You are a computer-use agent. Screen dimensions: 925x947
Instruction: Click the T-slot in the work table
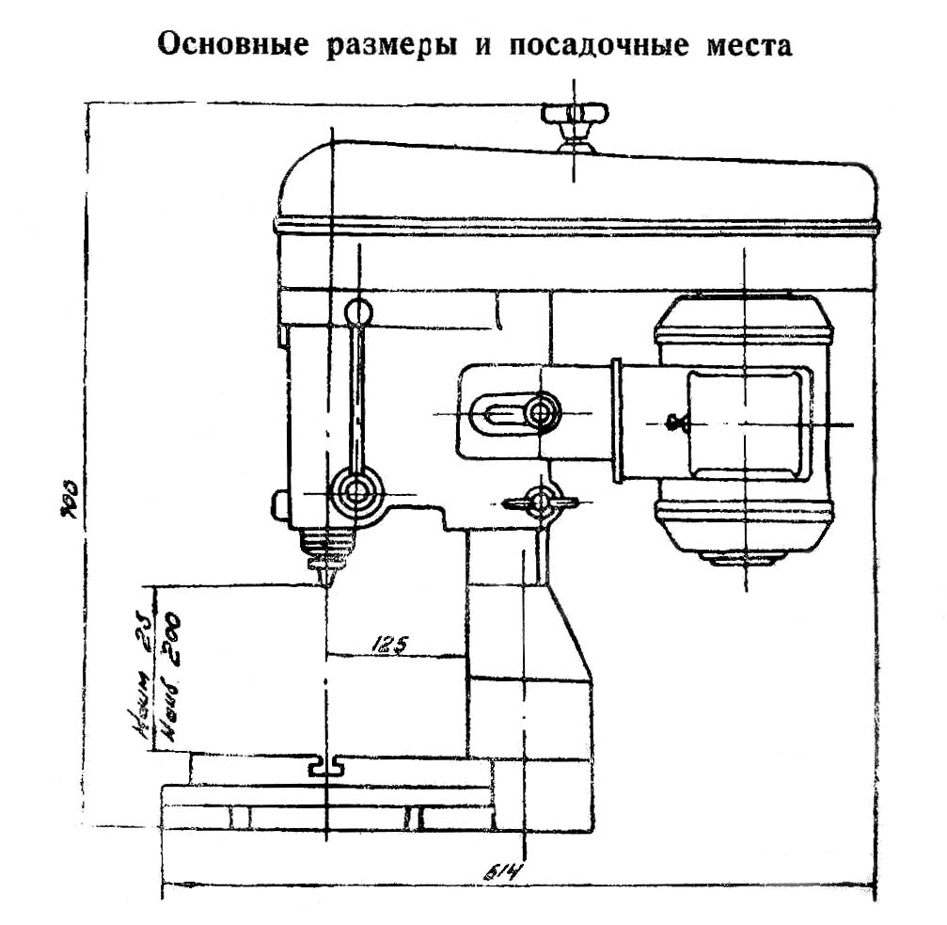324,768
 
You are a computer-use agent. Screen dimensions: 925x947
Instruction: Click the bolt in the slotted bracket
542,411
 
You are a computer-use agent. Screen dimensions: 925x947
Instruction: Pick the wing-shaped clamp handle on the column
540,502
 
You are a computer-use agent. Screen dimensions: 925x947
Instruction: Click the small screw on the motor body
673,423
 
